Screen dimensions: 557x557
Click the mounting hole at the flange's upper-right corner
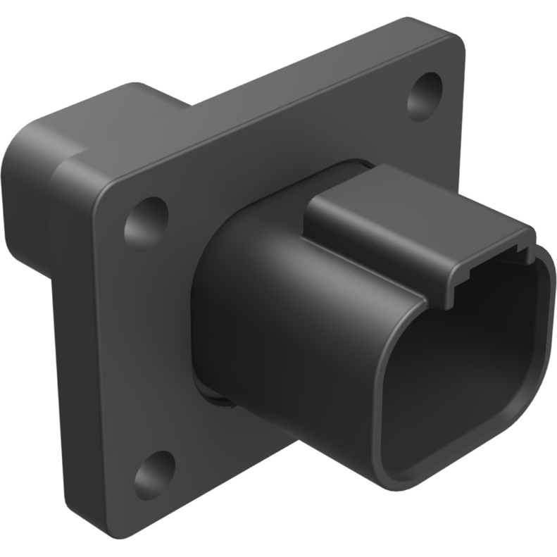tap(425, 96)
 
